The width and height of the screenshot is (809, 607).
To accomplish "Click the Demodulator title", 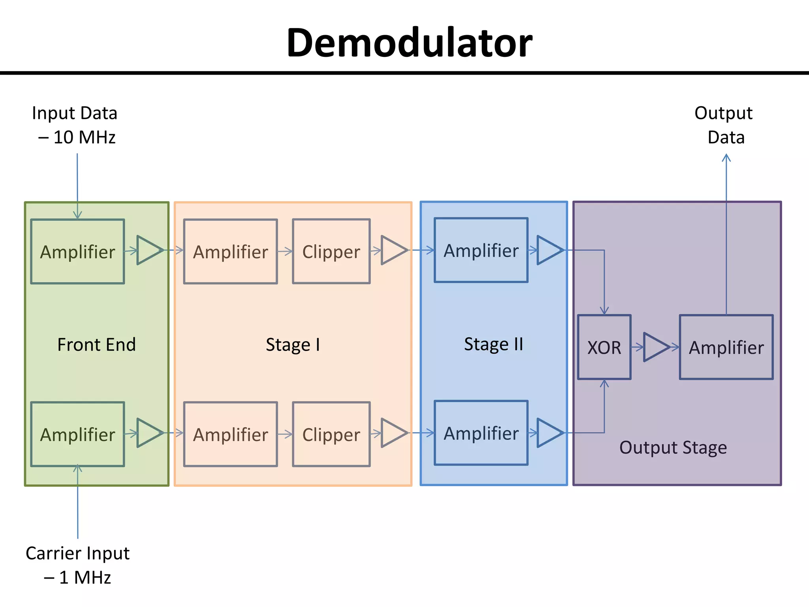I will click(x=409, y=43).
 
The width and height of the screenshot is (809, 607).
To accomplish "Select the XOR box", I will click(x=604, y=347).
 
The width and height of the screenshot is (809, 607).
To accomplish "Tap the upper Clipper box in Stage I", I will click(x=331, y=251).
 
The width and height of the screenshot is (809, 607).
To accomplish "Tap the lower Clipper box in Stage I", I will click(x=331, y=434).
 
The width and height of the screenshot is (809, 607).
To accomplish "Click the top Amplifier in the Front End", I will click(x=77, y=251).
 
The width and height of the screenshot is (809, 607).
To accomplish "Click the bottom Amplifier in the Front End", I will click(x=77, y=434).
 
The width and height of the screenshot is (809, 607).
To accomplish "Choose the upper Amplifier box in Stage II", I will click(x=481, y=250).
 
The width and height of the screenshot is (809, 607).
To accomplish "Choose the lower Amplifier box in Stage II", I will click(x=481, y=433).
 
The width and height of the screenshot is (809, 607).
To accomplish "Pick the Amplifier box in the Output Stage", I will click(x=726, y=347).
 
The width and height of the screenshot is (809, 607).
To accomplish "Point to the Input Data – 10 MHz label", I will click(x=75, y=125).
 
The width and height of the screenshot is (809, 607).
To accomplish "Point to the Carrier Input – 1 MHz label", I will click(x=77, y=565).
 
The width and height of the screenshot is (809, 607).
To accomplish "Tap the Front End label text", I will click(x=96, y=345).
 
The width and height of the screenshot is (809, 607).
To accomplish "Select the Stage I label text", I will click(x=293, y=345).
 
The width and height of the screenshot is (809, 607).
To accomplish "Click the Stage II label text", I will click(x=493, y=344).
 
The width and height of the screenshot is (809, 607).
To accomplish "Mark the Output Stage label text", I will click(x=673, y=447).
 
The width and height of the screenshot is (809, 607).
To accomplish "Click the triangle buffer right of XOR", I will click(x=655, y=347).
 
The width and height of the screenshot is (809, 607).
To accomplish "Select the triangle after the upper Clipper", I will click(x=393, y=250).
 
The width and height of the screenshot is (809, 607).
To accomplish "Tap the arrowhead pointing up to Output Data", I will click(x=726, y=158).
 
